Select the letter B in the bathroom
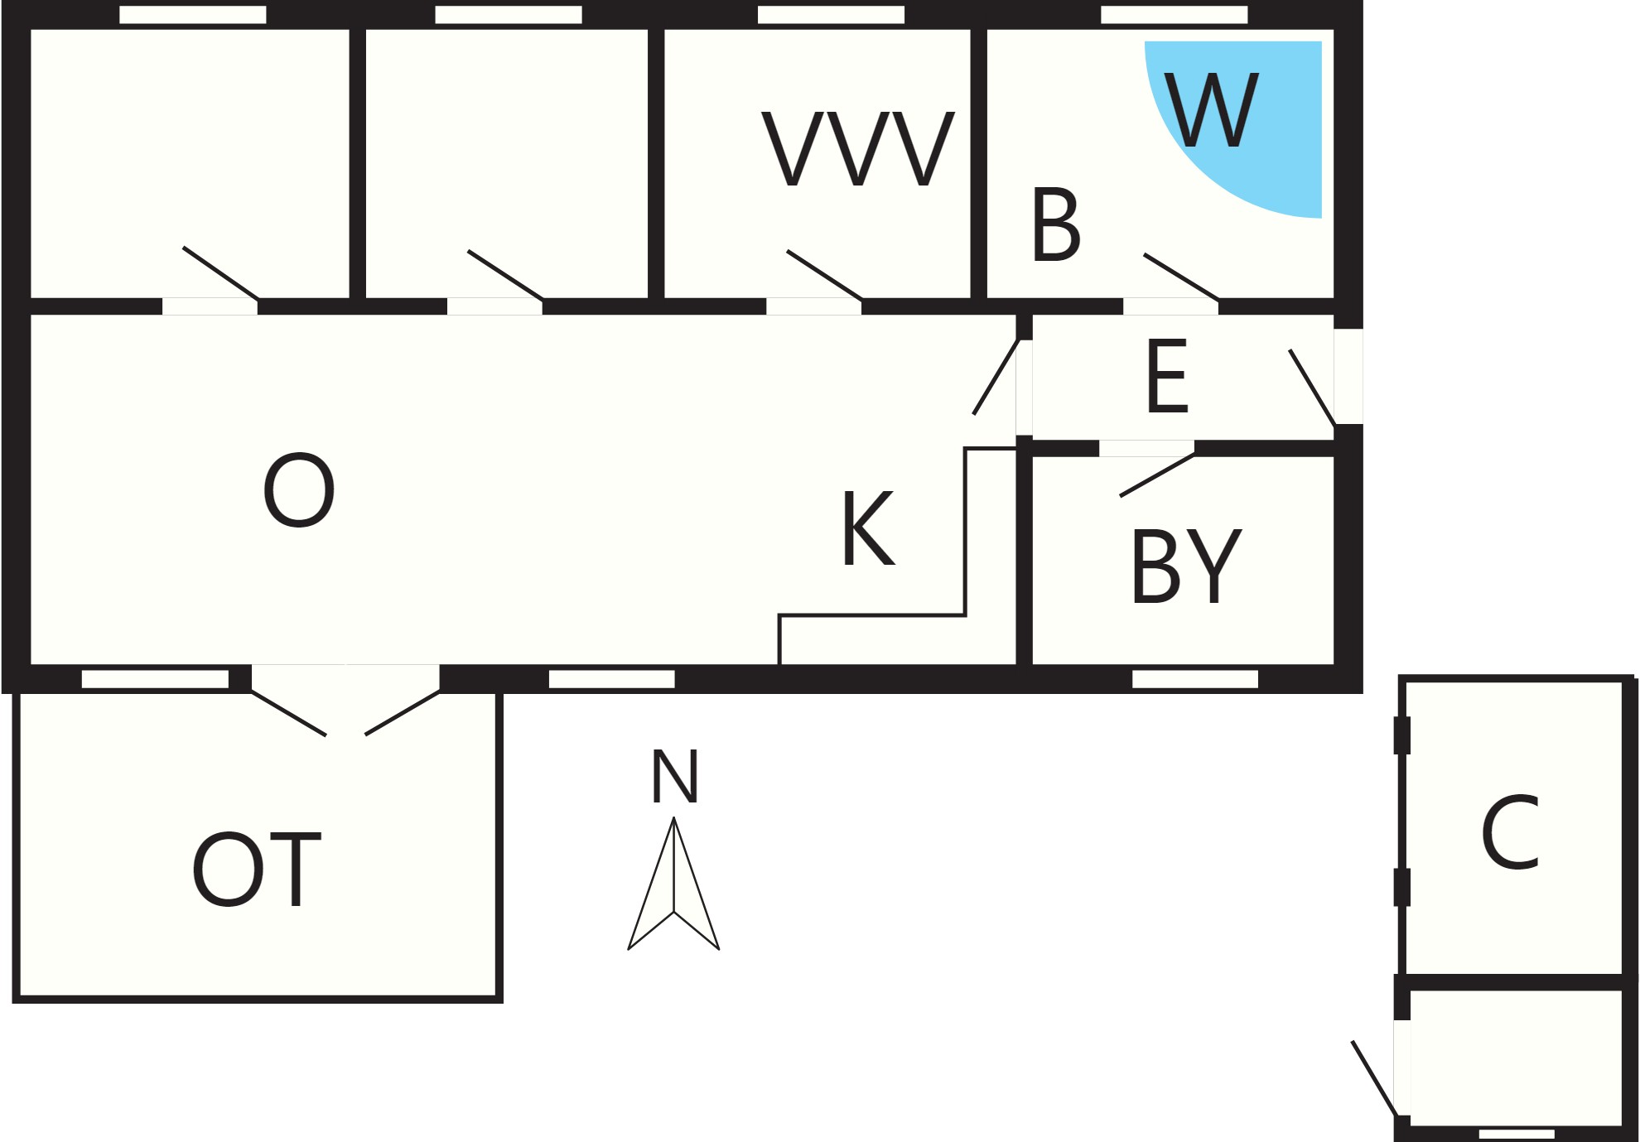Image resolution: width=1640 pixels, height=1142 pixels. point(1056,224)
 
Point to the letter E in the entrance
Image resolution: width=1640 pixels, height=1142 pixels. point(1167,376)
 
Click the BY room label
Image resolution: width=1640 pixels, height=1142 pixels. point(1186,566)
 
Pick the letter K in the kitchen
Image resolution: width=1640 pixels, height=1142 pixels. point(868,528)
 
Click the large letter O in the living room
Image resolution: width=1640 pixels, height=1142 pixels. point(299,489)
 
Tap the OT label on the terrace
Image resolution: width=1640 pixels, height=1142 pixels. point(256,870)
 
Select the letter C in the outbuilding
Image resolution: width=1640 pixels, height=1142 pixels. point(1510,833)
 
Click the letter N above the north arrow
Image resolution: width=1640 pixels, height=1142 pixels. point(675,776)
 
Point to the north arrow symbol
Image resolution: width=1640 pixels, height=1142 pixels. point(673,884)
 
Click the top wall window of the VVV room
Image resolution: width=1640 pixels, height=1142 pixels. point(831,15)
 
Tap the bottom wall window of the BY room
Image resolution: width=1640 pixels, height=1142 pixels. point(1194,679)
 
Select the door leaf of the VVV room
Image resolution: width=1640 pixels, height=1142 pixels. point(825,275)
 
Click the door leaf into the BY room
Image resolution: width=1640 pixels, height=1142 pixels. point(1157,475)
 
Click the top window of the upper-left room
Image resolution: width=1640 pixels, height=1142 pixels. point(193,15)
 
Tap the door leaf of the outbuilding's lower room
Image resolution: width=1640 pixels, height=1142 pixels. point(1375,1079)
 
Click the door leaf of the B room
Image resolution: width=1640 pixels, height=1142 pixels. point(1181,277)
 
